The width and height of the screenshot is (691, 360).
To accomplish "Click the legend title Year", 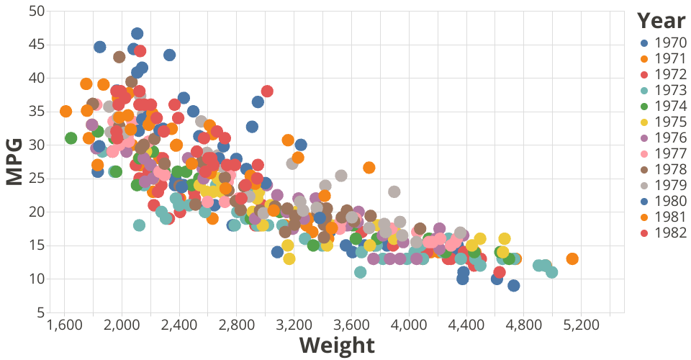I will pos(661,20).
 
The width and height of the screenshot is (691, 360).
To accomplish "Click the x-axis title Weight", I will pos(337,346).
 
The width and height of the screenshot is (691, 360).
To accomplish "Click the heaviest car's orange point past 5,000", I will pos(572,258).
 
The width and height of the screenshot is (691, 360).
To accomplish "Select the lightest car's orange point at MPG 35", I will pos(66,111).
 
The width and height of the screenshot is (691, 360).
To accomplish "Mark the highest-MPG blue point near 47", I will pos(137,33).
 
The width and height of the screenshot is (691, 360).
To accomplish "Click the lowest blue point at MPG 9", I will pos(513,286).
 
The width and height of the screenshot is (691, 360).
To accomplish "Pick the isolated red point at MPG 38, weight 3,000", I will pos(267,91).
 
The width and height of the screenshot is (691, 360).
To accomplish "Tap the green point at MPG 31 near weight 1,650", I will pos(71,138).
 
